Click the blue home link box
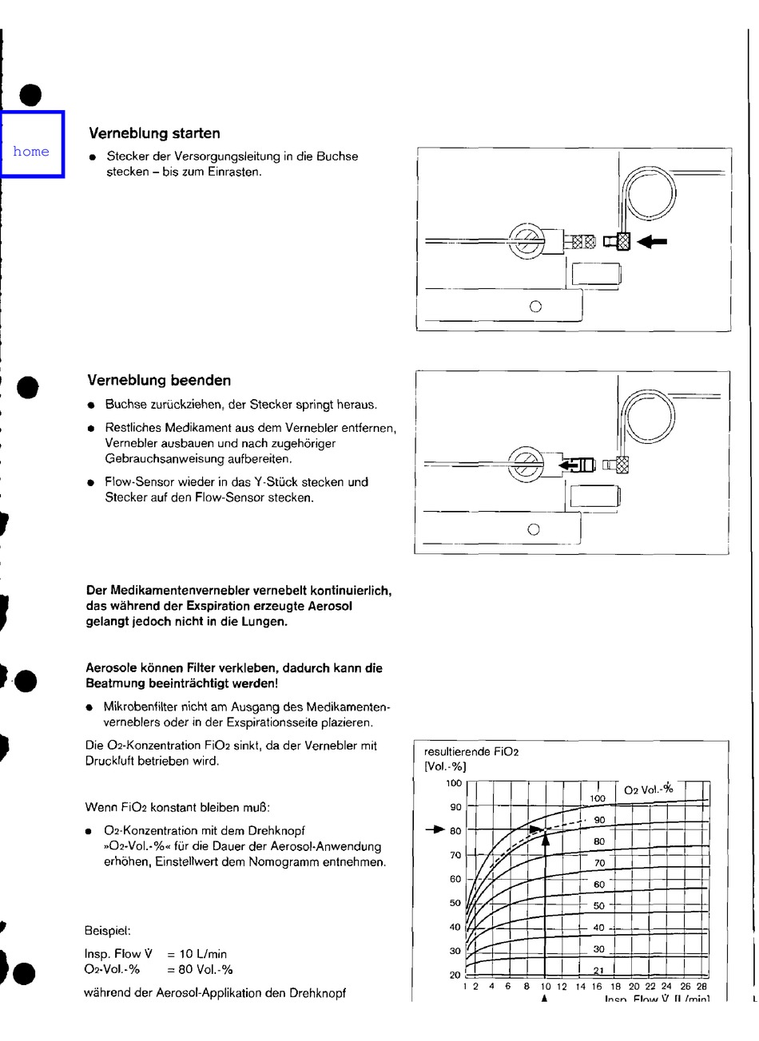click(32, 144)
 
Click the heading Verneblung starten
click(154, 133)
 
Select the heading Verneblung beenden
click(159, 380)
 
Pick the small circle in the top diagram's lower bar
click(535, 306)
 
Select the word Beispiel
click(107, 930)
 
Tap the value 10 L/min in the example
click(198, 954)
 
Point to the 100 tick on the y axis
click(453, 783)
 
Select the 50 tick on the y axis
click(455, 903)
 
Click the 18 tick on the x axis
click(615, 987)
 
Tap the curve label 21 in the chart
click(598, 970)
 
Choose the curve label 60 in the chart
click(598, 885)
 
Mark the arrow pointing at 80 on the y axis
click(434, 830)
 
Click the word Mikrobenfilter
click(141, 707)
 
